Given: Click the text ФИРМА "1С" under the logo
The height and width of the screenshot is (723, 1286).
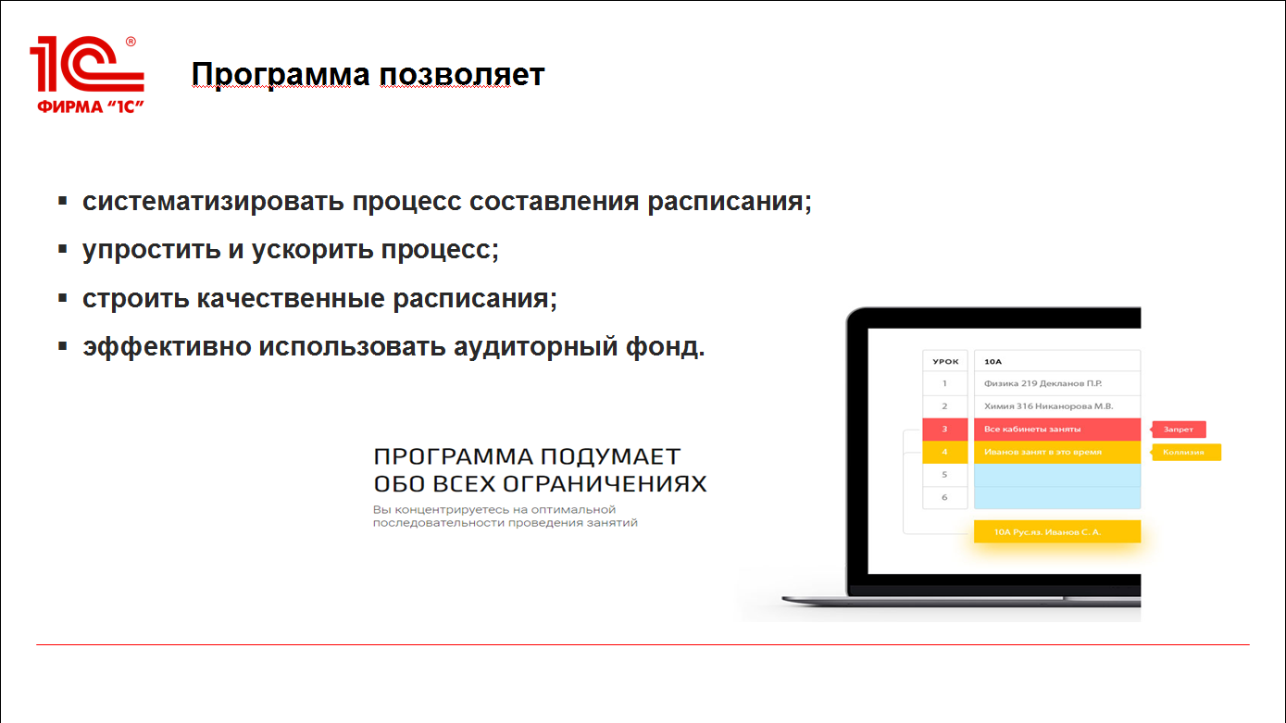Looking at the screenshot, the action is point(91,106).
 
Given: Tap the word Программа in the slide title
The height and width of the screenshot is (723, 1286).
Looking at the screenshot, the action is point(281,75).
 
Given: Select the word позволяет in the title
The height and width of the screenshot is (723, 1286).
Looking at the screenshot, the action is point(462,75).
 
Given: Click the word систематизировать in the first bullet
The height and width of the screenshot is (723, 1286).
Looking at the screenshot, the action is point(213,202).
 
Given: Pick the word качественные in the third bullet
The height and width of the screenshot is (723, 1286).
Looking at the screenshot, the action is point(291,299).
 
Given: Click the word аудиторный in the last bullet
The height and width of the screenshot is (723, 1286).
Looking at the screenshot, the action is point(535,347).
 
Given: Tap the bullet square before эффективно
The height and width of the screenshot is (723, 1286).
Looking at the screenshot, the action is point(63,346).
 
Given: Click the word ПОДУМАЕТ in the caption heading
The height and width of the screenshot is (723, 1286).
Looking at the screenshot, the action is point(610,457).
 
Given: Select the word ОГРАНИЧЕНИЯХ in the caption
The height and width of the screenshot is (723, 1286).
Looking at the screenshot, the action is point(605,484).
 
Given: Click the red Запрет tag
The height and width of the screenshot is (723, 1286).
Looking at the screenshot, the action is point(1178,430).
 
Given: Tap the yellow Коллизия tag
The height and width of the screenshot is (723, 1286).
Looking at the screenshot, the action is point(1185,453).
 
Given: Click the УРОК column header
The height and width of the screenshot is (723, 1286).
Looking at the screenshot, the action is point(945,361).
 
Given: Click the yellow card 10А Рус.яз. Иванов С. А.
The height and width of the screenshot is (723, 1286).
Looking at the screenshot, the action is point(1057,531).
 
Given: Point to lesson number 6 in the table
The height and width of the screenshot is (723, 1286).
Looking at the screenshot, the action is point(944,498).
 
